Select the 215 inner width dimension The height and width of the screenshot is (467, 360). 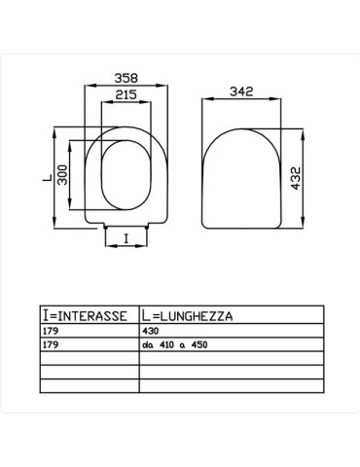124,94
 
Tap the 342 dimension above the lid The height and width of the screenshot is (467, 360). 241,91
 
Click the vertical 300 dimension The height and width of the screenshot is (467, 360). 60,177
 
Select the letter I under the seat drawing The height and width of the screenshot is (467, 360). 125,234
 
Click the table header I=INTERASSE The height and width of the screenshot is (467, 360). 86,316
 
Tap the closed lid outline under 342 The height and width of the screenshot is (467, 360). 241,175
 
